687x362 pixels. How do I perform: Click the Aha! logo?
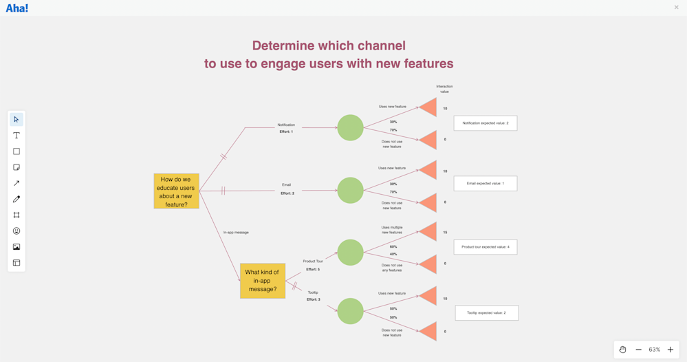coord(17,8)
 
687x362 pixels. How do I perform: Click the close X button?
coord(676,8)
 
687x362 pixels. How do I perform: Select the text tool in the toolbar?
coord(17,136)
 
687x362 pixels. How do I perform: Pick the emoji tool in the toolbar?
coord(17,231)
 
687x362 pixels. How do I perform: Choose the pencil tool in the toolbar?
coord(17,199)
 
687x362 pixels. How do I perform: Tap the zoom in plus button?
coord(670,350)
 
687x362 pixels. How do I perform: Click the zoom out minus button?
coord(639,350)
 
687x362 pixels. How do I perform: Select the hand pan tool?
coord(622,350)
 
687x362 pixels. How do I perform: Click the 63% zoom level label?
coord(655,350)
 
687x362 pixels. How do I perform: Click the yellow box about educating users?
coord(176,191)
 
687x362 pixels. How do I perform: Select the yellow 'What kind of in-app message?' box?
coord(262,281)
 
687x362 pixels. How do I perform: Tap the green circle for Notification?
coord(350,128)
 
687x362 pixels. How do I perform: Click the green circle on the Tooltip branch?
coord(350,311)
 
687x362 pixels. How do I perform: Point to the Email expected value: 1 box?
coord(485,184)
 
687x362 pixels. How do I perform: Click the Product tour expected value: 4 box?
coord(485,247)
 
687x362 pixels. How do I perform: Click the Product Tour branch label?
coord(313,262)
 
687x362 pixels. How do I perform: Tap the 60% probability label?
coord(393,246)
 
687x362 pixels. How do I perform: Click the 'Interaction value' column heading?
coord(444,89)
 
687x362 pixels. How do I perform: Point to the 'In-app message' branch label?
coord(236,233)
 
